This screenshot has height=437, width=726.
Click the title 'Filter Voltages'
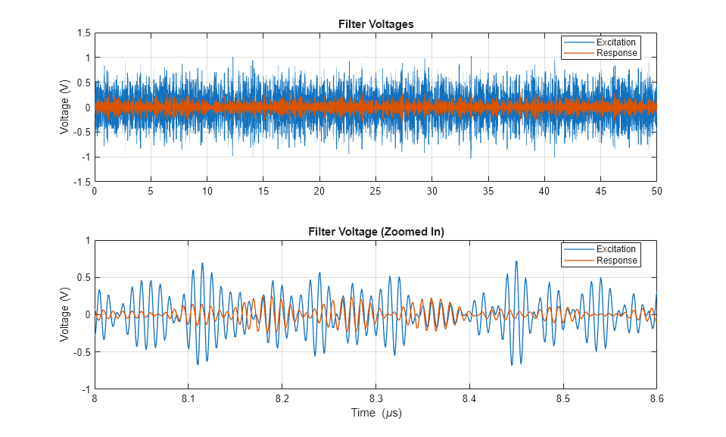(375, 24)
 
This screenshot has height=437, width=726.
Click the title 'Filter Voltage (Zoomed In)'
(375, 232)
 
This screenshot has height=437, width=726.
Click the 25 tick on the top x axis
(375, 192)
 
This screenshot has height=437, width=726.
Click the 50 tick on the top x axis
(656, 192)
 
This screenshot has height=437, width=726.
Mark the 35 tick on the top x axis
(488, 192)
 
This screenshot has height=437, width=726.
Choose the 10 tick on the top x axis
(207, 192)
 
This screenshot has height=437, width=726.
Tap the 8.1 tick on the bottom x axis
(189, 398)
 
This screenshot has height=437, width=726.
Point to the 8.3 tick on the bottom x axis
(375, 398)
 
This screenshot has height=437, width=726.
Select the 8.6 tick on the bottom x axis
(656, 398)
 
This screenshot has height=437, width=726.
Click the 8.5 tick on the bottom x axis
(563, 398)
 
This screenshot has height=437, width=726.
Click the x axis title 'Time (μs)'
(375, 413)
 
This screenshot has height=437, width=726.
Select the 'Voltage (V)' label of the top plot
(65, 108)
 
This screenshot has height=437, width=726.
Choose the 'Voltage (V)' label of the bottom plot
(65, 315)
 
